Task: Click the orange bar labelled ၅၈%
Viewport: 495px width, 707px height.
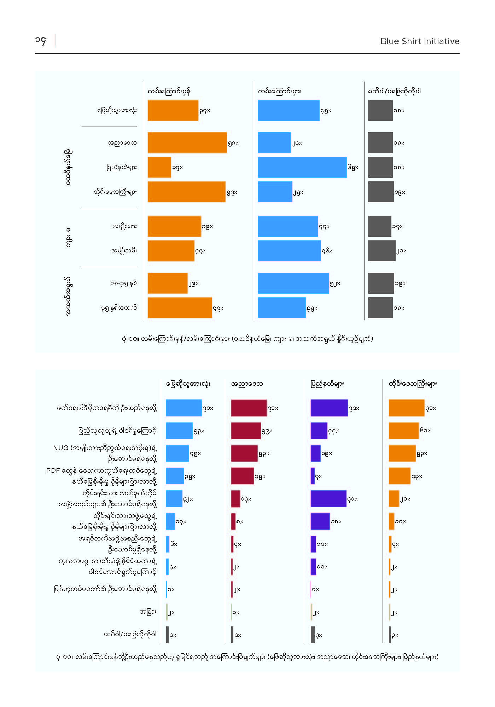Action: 187,142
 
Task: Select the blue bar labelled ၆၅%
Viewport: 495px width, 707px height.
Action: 302,167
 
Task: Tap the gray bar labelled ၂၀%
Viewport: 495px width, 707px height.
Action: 382,251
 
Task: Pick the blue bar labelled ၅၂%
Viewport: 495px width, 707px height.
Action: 293,283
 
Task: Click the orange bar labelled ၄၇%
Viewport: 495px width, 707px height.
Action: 180,308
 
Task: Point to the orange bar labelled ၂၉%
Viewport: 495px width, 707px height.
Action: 168,283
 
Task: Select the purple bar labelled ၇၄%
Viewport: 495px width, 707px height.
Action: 329,408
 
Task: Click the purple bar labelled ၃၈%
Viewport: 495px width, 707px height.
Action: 320,521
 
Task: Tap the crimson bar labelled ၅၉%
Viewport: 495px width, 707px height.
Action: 246,431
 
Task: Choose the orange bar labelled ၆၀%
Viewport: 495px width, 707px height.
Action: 404,431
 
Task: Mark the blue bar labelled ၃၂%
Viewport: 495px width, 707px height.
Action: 174,499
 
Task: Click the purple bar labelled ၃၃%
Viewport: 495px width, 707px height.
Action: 319,431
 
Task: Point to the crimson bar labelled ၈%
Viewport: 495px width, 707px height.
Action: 233,521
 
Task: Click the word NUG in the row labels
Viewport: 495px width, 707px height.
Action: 60,448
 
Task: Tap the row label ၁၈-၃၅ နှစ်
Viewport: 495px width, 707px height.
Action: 123,283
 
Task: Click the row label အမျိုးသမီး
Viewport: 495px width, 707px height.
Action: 124,251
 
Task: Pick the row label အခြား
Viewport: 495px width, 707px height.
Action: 148,612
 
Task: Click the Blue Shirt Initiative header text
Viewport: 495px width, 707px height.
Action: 420,41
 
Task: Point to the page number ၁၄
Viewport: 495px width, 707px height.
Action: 41,41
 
